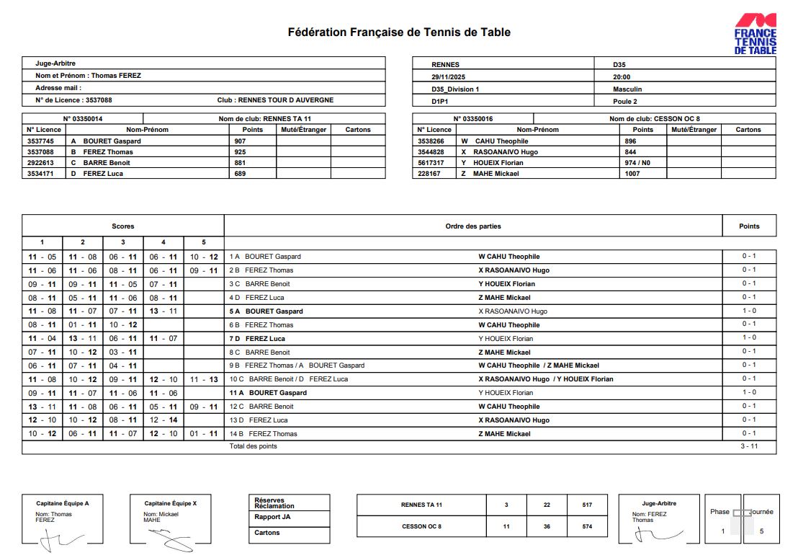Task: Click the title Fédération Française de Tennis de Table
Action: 399,32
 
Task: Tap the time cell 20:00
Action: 622,76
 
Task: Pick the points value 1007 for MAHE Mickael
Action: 632,174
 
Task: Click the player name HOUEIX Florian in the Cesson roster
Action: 502,163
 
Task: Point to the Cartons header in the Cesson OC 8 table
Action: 748,130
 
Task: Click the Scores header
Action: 122,226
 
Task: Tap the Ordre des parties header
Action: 473,226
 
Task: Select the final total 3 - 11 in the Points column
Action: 749,446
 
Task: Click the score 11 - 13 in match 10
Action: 204,379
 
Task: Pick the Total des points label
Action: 253,446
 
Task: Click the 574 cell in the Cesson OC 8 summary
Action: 587,526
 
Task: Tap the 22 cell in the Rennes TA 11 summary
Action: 547,505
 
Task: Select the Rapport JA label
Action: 267,517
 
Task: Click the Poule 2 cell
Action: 624,102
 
